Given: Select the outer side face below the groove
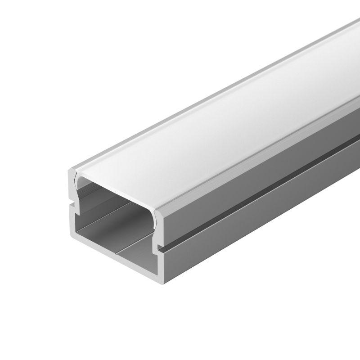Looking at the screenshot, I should pos(252,225).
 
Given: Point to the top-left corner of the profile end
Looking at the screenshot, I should pos(69,171).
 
